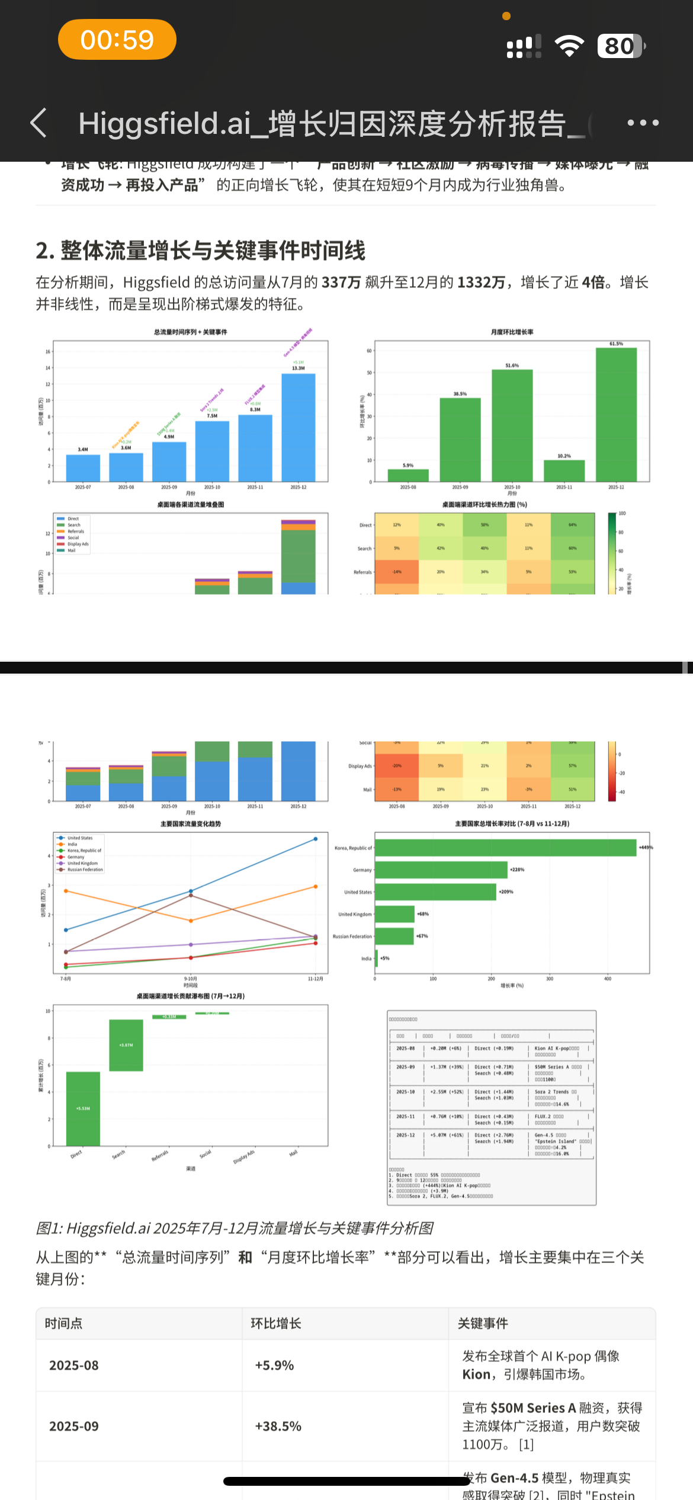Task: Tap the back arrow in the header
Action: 39,123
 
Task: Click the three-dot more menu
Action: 643,123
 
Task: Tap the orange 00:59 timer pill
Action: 117,40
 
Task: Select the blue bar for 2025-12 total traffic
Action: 298,427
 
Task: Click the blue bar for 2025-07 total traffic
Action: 83,468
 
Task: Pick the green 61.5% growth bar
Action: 616,415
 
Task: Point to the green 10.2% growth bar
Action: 564,471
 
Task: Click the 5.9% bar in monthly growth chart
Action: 408,475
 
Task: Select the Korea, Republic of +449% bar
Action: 505,848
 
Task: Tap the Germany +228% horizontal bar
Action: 441,870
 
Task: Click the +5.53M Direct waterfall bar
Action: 83,1108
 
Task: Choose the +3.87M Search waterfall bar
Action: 126,1045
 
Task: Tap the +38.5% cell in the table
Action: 278,1426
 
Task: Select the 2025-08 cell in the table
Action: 73,1366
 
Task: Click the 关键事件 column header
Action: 483,1323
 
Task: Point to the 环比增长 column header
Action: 276,1323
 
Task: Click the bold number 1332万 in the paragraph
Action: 481,282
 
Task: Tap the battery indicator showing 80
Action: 620,46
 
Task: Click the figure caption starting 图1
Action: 235,1228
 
